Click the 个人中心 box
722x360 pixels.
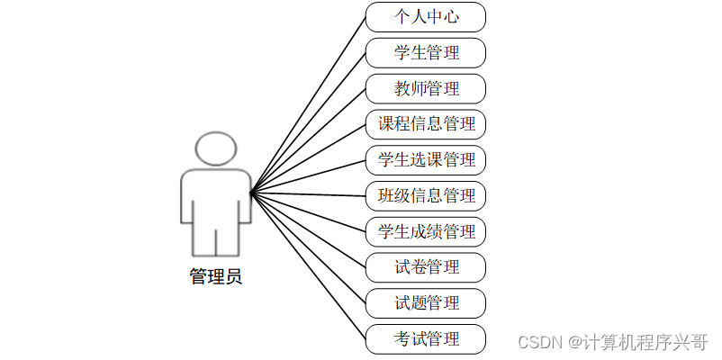tap(426, 17)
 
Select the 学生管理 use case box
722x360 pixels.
tap(426, 53)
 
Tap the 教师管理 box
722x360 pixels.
tap(426, 88)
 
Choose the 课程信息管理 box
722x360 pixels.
tap(426, 124)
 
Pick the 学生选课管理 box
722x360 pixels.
tap(426, 160)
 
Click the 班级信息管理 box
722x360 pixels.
tap(426, 195)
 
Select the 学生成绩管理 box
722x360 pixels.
tap(426, 231)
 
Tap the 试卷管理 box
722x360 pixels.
tap(426, 267)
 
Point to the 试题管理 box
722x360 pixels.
tap(426, 302)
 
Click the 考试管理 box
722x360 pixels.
tap(426, 338)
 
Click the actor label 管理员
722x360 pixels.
tap(216, 277)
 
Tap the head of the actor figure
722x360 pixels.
tap(216, 149)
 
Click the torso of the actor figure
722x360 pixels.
tap(216, 198)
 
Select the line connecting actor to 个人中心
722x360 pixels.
tap(308, 104)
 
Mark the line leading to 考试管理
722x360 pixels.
tap(308, 265)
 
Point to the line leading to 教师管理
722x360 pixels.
tap(308, 140)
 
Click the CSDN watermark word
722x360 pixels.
tap(541, 342)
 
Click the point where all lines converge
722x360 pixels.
tap(251, 192)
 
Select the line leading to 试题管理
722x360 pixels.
tap(308, 247)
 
